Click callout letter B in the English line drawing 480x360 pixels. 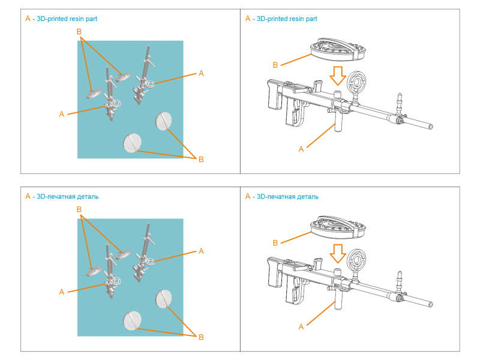[275, 64]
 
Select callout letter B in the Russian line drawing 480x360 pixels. [275, 242]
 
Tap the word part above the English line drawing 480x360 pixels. [311, 19]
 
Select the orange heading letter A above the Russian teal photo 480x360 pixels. [27, 196]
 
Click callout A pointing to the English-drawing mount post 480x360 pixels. [301, 149]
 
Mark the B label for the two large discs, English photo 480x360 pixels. [201, 159]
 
